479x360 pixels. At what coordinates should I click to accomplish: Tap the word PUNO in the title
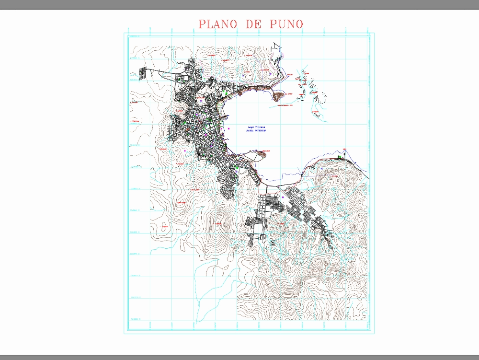click(286, 24)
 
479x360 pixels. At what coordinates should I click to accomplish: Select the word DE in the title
click(252, 24)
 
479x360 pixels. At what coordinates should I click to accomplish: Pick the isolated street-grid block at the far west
click(143, 73)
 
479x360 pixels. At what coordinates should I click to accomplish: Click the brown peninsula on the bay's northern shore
click(277, 96)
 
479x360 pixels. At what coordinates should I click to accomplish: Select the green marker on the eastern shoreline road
click(339, 157)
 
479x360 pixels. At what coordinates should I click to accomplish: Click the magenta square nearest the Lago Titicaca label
click(229, 128)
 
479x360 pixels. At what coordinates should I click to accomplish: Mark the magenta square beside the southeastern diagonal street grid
click(283, 197)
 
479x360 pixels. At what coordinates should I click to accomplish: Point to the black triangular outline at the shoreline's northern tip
click(274, 46)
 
